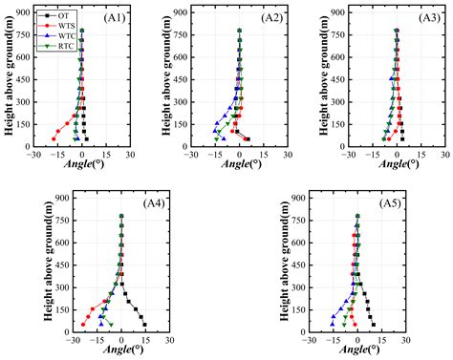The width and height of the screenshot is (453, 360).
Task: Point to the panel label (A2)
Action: [x=274, y=16]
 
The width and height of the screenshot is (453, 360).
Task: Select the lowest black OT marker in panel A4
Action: [x=144, y=324]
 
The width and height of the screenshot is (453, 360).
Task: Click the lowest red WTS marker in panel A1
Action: [x=54, y=138]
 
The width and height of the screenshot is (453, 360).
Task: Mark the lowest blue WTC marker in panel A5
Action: [x=333, y=324]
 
